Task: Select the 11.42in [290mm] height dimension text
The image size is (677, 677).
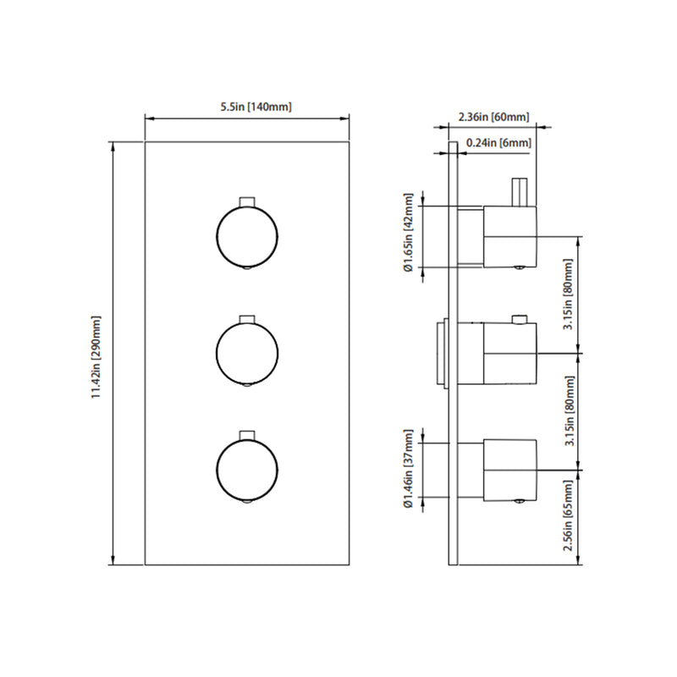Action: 98,354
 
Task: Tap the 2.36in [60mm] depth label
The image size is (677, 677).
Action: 493,117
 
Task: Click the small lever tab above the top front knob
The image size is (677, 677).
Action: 247,201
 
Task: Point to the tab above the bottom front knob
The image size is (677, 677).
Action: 247,435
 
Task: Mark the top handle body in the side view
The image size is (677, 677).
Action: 510,236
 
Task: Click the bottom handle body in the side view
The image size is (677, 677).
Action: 510,468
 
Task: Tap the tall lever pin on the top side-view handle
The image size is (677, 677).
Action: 520,191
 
